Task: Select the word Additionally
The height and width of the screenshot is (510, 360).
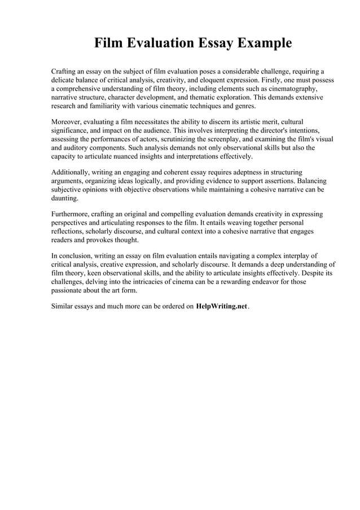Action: (x=72, y=171)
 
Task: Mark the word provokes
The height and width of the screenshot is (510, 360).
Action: (x=95, y=239)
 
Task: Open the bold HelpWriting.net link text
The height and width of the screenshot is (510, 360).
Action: (x=221, y=306)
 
